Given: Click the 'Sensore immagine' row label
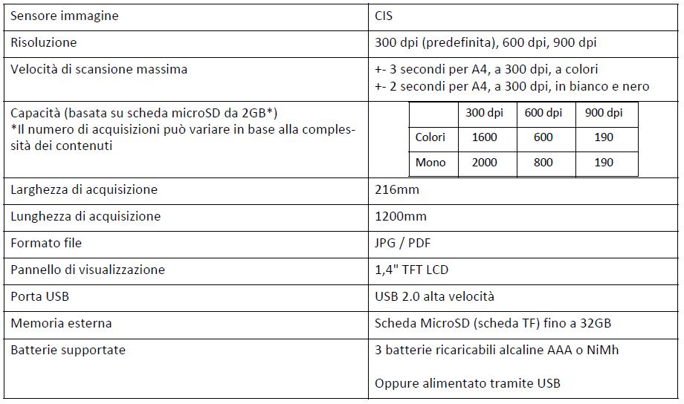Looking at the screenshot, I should [64, 16].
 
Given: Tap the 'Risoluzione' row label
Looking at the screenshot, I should [43, 42].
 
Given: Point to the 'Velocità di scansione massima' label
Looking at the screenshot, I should [99, 69].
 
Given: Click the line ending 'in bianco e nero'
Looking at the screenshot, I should [512, 86].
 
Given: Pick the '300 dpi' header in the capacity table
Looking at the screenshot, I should [484, 113].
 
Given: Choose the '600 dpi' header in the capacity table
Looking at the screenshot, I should [543, 113].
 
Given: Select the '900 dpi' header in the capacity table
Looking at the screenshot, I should [604, 113].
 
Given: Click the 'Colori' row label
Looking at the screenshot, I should [430, 137].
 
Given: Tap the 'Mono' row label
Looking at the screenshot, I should [430, 163].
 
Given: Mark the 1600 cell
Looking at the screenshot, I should [484, 137].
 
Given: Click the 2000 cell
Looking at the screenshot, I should [484, 163].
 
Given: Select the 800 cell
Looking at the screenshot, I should [543, 163].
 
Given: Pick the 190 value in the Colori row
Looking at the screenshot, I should [604, 137].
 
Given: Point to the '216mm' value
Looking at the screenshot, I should [397, 189].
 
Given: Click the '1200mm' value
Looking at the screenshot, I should [401, 216].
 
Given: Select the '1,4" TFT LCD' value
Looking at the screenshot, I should [412, 270].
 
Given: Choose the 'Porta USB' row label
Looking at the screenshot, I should [39, 296].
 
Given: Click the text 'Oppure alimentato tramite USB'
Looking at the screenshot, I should [468, 383].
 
